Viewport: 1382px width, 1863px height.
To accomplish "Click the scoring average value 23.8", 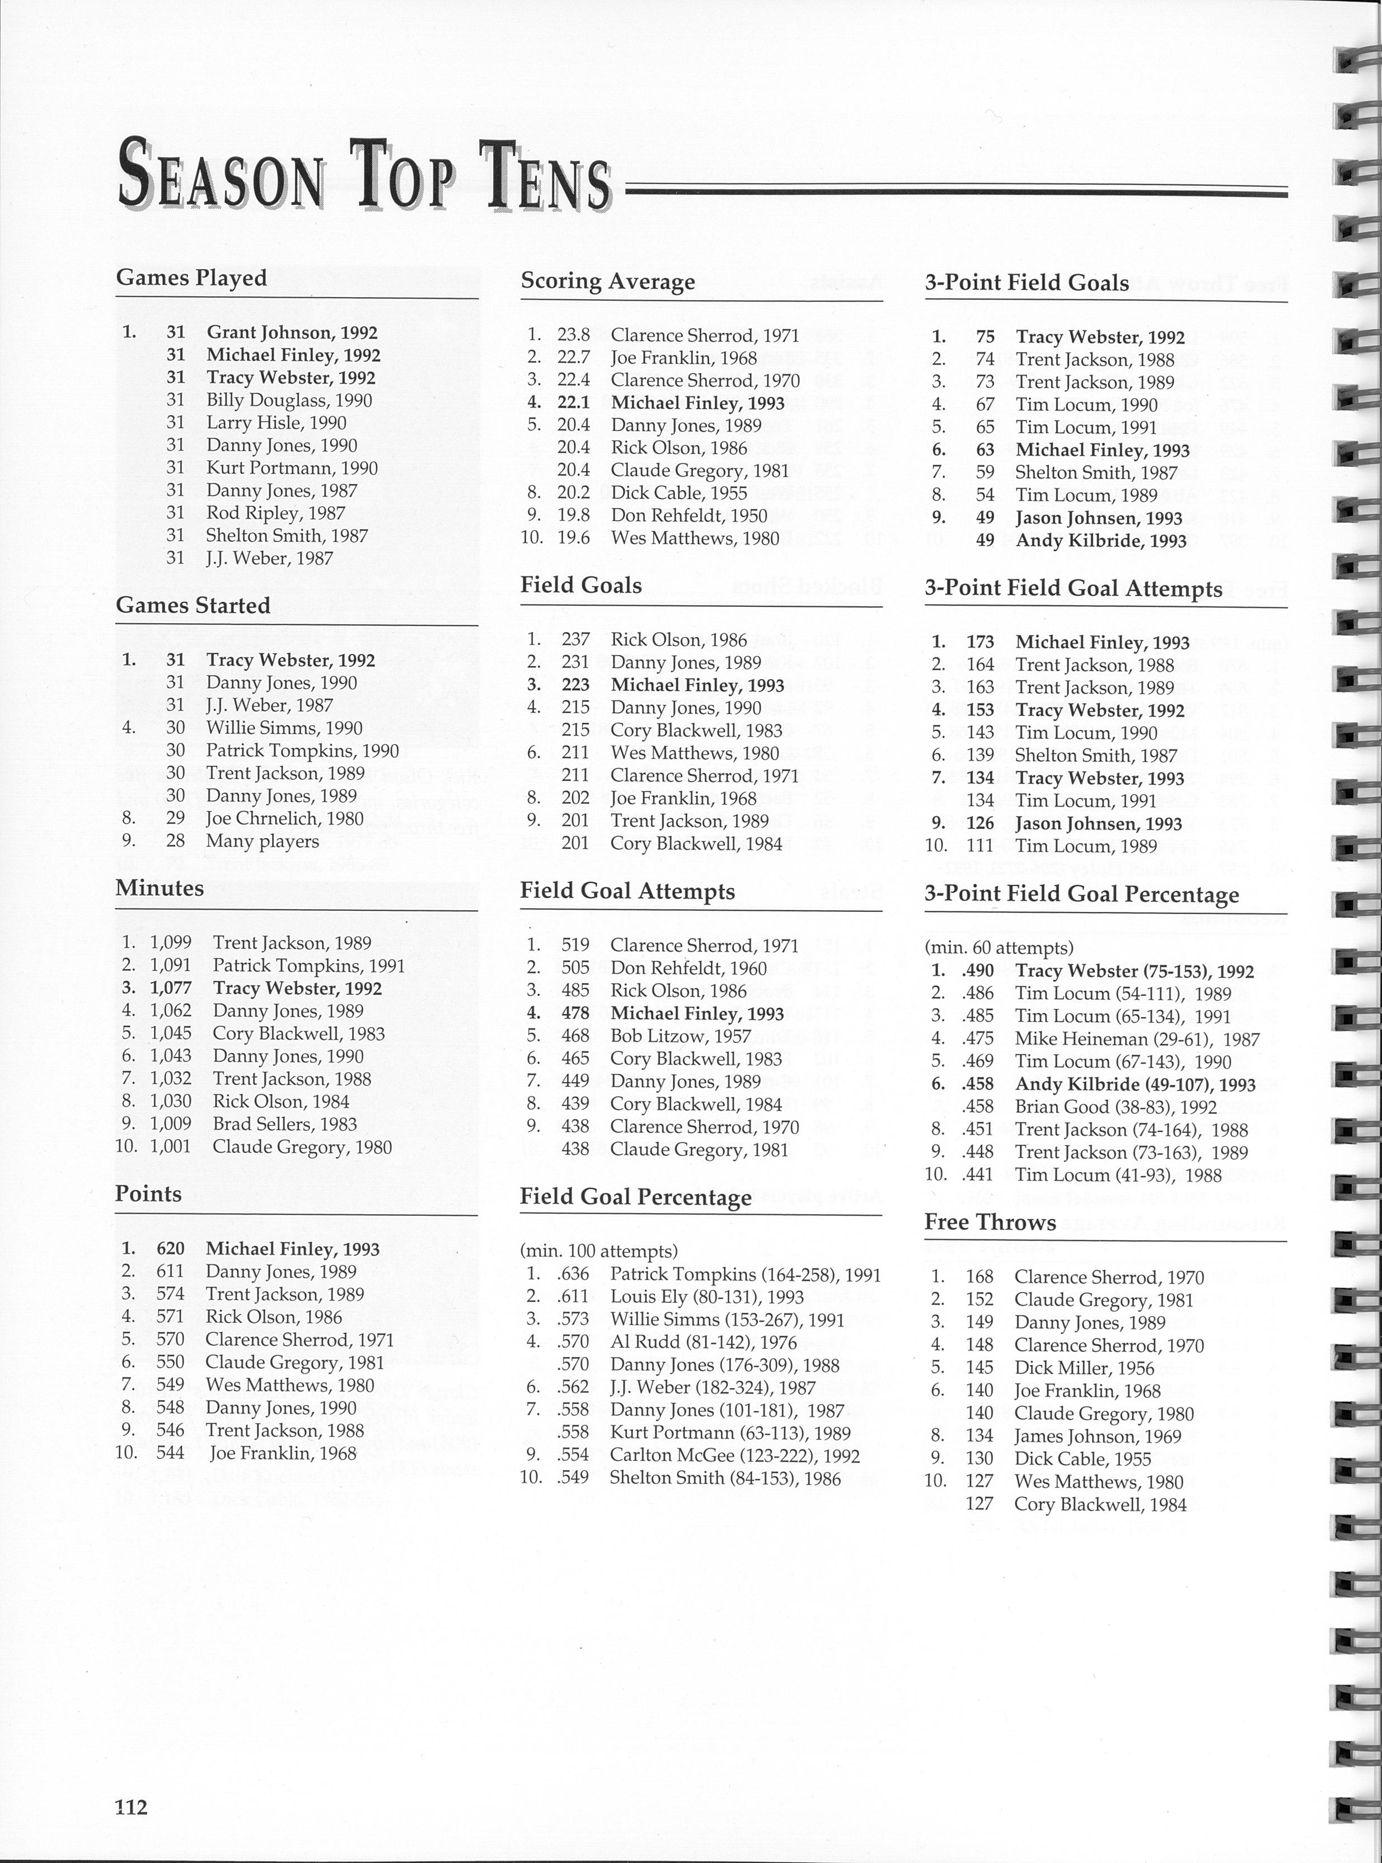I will click(574, 335).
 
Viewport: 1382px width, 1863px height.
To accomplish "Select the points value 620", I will click(171, 1249).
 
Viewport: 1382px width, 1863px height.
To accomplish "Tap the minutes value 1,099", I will click(171, 943).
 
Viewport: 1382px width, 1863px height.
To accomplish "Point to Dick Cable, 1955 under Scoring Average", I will click(678, 493).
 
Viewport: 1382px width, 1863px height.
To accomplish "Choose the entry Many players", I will click(262, 841).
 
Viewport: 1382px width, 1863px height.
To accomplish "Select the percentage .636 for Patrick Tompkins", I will click(573, 1274).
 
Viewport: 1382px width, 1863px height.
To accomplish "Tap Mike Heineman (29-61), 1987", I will click(1137, 1039).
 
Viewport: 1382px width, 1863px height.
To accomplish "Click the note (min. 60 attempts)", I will click(998, 948).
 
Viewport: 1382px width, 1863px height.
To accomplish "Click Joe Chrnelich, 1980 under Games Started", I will click(284, 818).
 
